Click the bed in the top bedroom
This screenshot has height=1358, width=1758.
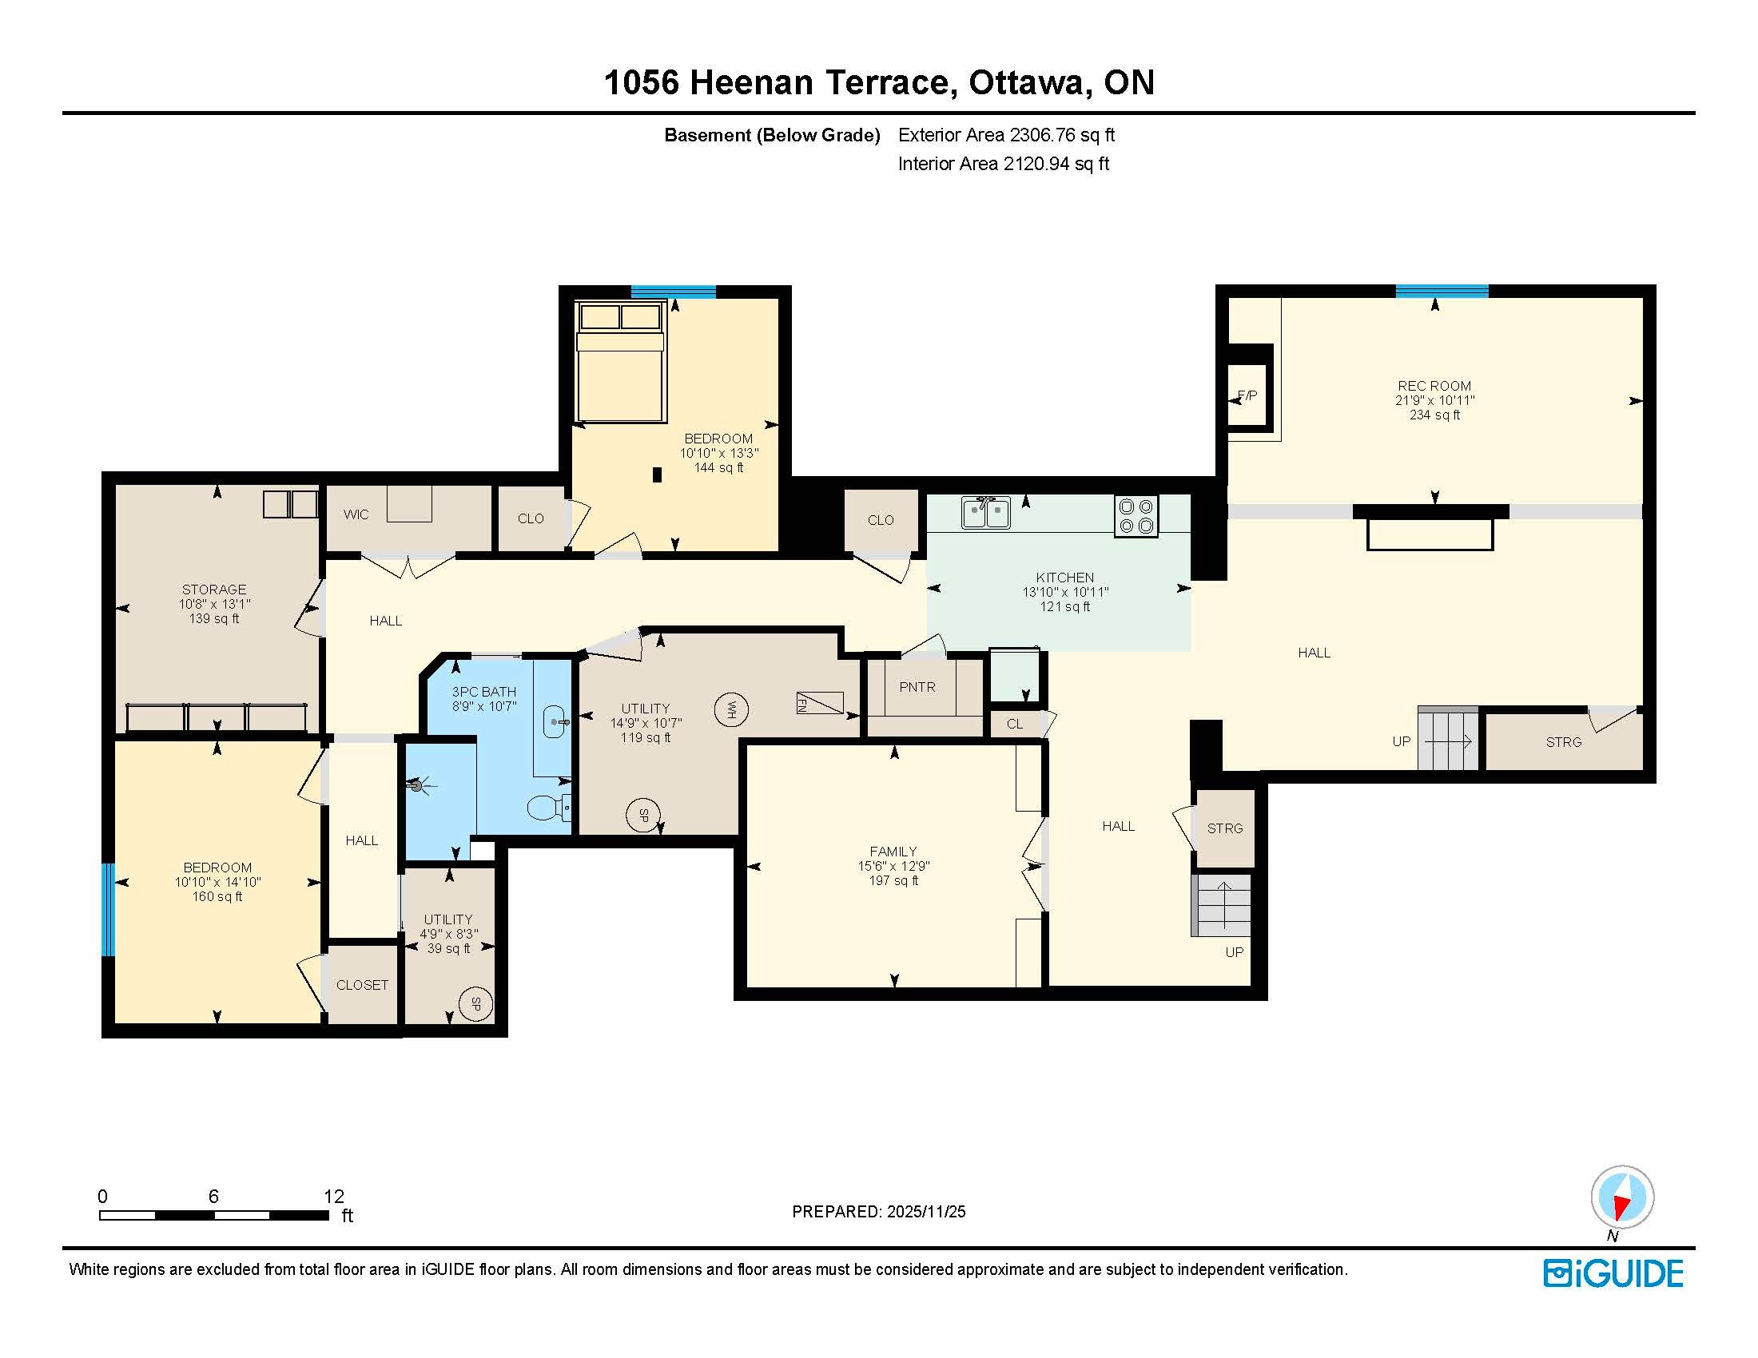coord(622,361)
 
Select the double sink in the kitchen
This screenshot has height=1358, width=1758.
coord(986,513)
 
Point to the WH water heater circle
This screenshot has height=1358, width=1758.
coord(731,709)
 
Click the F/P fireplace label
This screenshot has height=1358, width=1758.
coord(1247,395)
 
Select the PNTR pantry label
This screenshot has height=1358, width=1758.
coord(917,687)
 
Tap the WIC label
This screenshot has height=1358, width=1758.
coord(356,515)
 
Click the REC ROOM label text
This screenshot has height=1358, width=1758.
coord(1434,386)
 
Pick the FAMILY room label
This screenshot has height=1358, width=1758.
coord(893,852)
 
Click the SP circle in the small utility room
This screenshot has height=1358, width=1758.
coord(475,1004)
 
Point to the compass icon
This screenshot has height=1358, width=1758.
coord(1622,1197)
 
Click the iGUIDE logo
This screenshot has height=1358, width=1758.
coord(1613,1273)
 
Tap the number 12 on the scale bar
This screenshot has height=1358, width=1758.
coord(334,1197)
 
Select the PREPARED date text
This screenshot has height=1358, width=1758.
coord(879,1212)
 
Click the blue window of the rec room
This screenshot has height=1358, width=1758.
coord(1442,292)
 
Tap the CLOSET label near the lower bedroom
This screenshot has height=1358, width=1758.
coord(362,985)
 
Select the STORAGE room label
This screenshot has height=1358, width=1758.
coord(214,590)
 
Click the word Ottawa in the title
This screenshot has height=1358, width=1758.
coord(1026,83)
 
